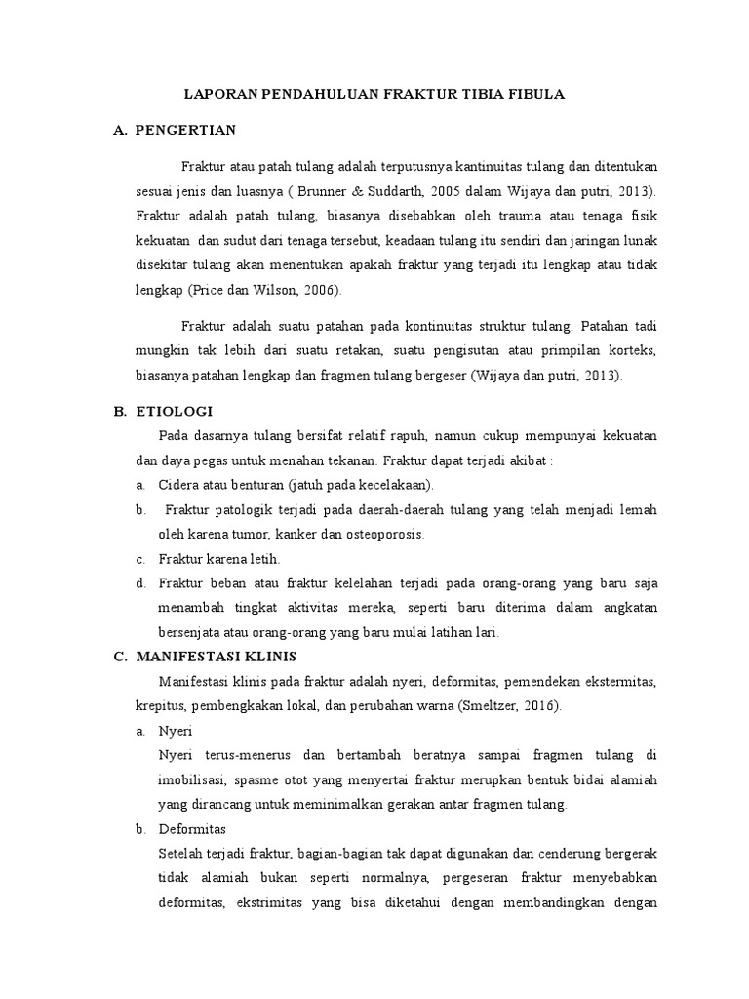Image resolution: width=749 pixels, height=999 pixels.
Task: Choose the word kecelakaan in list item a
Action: point(397,485)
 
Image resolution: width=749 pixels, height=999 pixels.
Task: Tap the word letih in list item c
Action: point(263,560)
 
